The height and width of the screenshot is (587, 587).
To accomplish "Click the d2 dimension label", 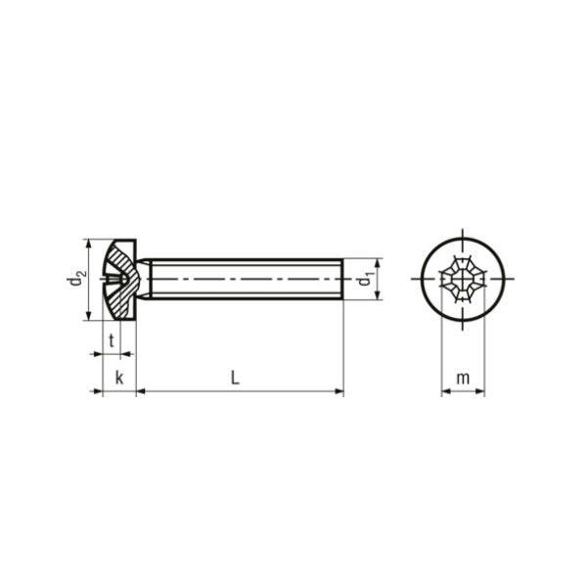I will [x=74, y=279].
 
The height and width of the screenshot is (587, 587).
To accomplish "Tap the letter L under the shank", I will [x=235, y=377].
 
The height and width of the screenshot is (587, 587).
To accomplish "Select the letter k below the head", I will [x=118, y=378].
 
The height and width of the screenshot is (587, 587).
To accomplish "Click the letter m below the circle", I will [x=463, y=378].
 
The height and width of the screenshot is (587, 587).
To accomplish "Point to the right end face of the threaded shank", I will [x=343, y=279].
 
